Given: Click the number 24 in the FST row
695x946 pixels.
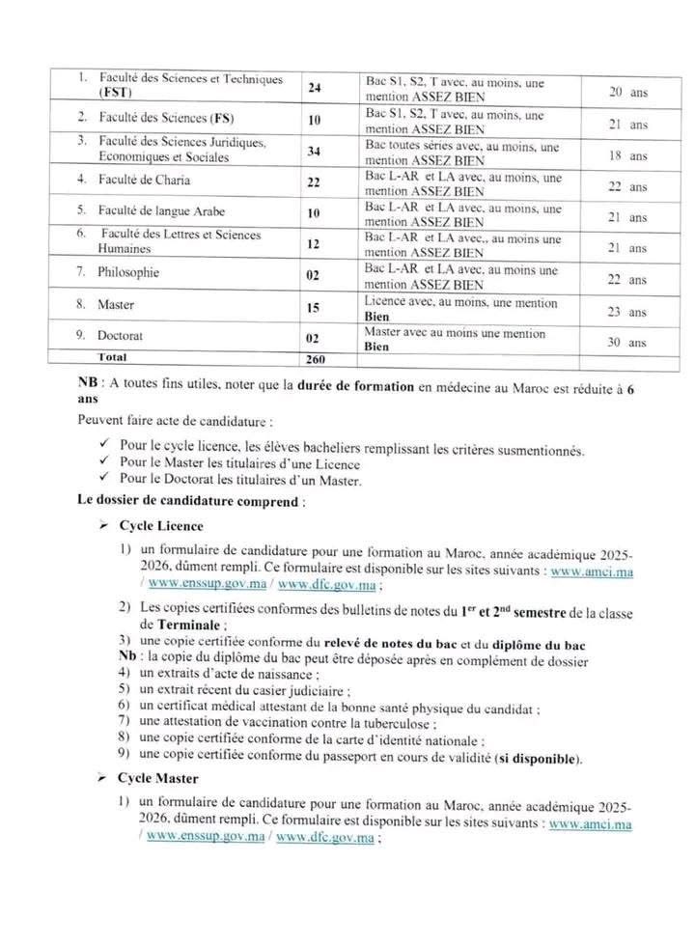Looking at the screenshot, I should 315,88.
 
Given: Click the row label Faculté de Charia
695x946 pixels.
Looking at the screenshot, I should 145,180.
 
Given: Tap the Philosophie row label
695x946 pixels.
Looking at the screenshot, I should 128,272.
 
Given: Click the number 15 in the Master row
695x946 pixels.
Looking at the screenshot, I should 315,307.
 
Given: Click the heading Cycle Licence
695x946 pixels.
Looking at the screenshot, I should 161,526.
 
